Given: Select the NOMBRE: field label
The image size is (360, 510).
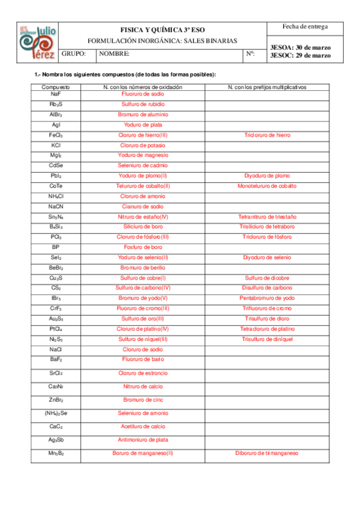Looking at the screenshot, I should point(115,54).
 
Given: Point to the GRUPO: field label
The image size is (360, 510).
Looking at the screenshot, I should point(74,54).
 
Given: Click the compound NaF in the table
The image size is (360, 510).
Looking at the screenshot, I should point(55,94).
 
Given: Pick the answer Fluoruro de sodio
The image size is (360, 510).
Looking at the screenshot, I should point(142,94).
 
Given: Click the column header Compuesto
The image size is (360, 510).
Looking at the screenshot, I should point(55,87).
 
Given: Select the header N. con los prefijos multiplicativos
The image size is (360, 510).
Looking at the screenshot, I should point(267,87).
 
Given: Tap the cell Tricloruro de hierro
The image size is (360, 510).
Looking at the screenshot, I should point(267,135).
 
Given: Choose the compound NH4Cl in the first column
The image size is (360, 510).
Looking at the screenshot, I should point(56,196).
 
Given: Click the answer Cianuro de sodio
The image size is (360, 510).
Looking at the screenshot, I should point(142,206).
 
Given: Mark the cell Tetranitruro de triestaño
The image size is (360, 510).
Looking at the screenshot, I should point(267,217).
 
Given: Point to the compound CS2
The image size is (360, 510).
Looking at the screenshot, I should point(56,287).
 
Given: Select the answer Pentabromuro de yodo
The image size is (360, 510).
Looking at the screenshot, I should point(267,298).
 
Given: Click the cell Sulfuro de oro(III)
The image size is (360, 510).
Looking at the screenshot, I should point(142,318).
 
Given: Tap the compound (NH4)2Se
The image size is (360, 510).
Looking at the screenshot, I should point(56,413).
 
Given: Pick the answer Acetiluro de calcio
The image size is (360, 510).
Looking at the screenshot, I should point(142,426).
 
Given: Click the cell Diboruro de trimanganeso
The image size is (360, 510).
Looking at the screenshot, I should point(267,453).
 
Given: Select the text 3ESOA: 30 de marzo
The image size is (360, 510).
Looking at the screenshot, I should point(301,47).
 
